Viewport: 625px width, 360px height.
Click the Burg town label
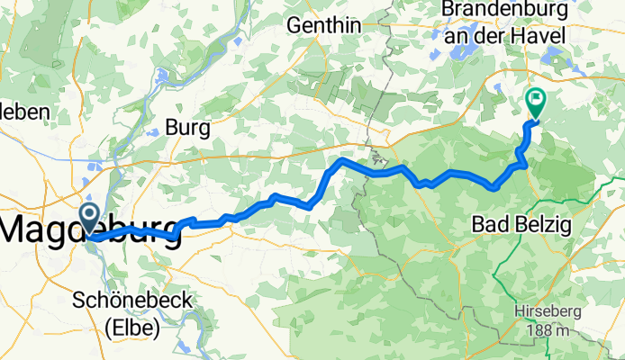click(x=189, y=129)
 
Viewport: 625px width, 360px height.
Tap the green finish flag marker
click(x=536, y=103)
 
